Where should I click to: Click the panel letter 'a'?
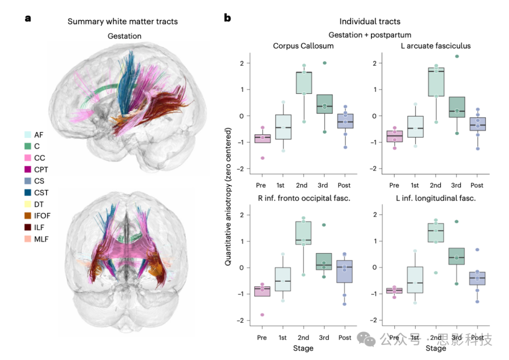28,19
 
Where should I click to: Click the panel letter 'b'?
228,19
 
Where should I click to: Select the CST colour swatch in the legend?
28,193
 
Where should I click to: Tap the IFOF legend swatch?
28,216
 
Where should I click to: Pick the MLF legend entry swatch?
28,239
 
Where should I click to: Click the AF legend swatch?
28,135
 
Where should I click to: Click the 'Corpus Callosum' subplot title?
303,46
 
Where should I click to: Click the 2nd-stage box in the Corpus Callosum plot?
304,82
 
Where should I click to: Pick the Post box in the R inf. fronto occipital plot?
345,271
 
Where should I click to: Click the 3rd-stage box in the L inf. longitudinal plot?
456,256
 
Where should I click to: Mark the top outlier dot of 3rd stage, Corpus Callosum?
325,63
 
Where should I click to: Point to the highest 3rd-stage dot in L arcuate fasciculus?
456,57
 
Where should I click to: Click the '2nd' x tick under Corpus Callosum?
304,185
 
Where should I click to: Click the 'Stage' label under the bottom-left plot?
303,348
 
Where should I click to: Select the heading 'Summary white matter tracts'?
123,21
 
